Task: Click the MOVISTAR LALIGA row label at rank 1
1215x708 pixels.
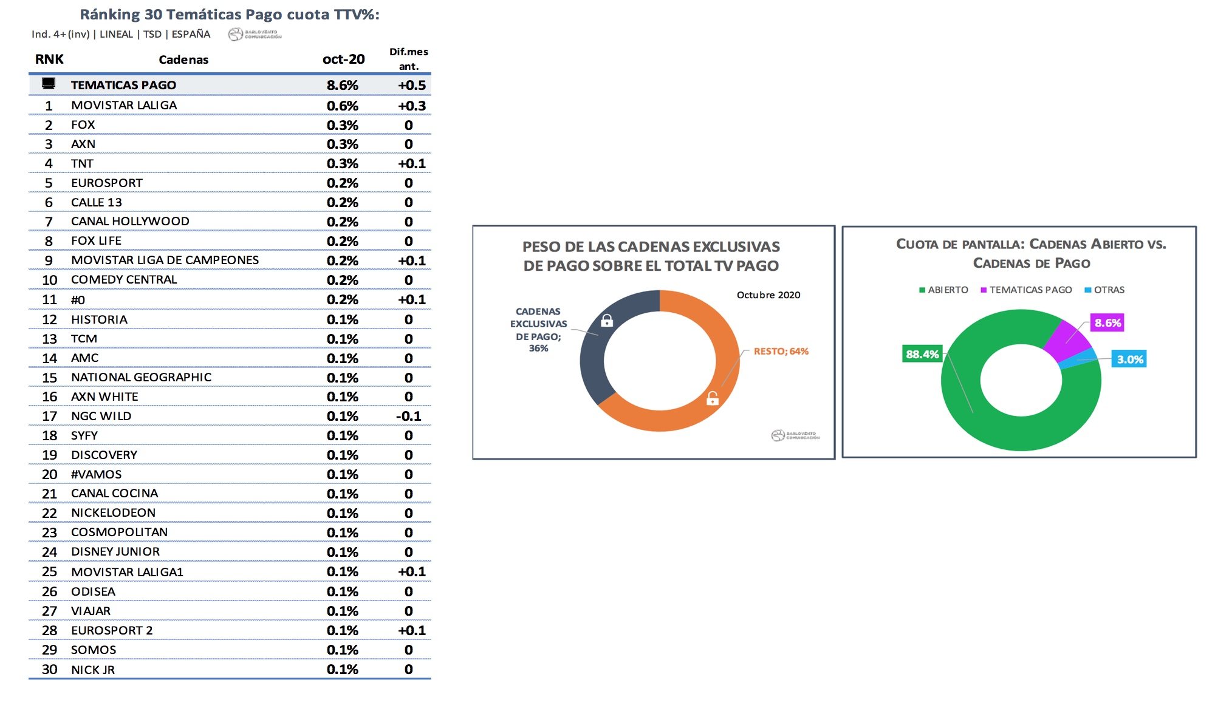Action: (x=124, y=105)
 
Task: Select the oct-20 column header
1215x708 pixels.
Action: (x=343, y=59)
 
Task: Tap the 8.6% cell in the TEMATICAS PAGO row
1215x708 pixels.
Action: (x=342, y=85)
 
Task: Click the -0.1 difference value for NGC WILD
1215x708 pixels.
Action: (x=408, y=416)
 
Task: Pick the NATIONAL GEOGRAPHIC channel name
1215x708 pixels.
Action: (x=141, y=377)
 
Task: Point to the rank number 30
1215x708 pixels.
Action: (x=49, y=669)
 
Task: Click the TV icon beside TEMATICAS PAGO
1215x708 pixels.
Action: (x=49, y=83)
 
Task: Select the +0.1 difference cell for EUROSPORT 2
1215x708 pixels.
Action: (x=411, y=630)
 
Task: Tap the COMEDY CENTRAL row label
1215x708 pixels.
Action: (x=124, y=279)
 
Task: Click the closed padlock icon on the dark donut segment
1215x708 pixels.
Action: (x=606, y=320)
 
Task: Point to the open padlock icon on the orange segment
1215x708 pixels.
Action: (x=713, y=398)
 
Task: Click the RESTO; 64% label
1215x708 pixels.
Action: (x=781, y=351)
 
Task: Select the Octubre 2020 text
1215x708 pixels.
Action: (x=768, y=295)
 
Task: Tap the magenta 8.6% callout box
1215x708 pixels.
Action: (x=1107, y=323)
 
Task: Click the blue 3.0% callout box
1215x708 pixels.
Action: (x=1129, y=359)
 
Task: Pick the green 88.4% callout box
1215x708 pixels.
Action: (x=922, y=354)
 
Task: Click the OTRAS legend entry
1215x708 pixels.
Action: (x=1105, y=290)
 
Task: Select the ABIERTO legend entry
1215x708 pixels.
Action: (x=944, y=290)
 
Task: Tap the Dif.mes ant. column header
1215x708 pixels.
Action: (x=408, y=59)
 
